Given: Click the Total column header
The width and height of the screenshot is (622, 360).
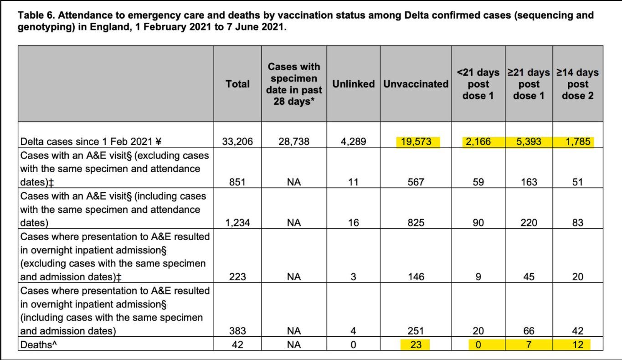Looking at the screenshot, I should [x=237, y=84].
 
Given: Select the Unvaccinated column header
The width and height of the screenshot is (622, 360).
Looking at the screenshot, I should [x=416, y=84].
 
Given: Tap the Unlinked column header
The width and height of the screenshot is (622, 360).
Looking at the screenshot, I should [x=353, y=84].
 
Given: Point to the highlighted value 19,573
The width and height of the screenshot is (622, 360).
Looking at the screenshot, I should [x=416, y=142].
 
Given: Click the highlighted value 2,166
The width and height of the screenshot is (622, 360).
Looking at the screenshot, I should [x=478, y=142].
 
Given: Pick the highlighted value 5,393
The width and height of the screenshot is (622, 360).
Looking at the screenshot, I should [x=529, y=142].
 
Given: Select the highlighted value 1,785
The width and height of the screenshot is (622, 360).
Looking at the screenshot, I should [x=577, y=142].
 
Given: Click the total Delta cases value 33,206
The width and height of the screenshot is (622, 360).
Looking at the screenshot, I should [x=237, y=142].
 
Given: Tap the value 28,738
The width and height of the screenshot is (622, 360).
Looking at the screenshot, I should [x=294, y=142].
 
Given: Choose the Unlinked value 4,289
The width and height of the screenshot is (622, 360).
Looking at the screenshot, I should [x=353, y=142].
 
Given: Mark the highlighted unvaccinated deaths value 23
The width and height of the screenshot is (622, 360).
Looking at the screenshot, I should [x=416, y=345].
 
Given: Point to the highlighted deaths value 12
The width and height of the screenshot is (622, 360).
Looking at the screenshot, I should [x=577, y=345].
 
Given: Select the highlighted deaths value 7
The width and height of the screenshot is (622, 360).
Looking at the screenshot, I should [x=529, y=345].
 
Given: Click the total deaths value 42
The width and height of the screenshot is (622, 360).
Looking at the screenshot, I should [x=237, y=345].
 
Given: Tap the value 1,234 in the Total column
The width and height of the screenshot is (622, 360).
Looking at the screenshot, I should [x=237, y=223].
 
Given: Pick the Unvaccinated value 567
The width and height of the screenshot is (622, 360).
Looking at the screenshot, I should [x=416, y=182].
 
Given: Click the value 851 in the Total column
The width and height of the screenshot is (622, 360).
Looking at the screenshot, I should [x=237, y=182].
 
